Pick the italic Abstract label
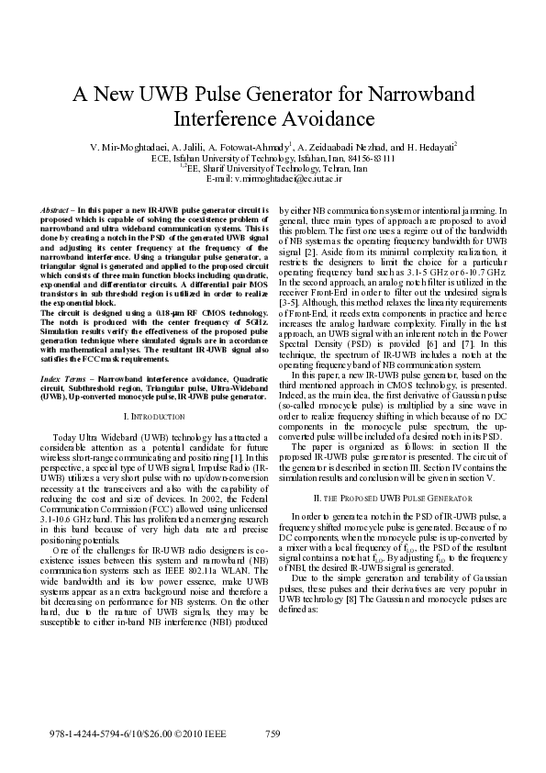point(57,210)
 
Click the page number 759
point(273,734)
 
